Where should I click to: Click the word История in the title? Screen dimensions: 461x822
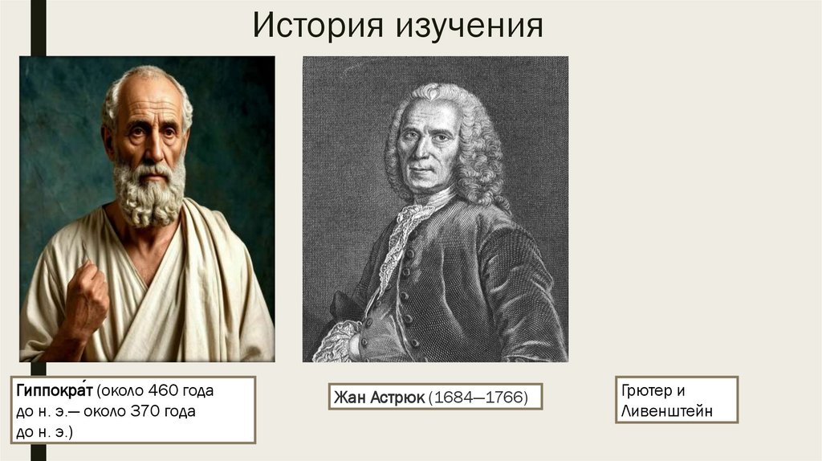[319, 26]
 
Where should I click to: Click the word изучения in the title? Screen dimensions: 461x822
[469, 27]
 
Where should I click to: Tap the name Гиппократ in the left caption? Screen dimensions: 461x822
[53, 391]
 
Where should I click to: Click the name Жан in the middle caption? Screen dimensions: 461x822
[350, 398]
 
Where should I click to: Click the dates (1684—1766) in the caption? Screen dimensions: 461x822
[478, 398]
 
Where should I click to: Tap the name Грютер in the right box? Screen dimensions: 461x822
[646, 391]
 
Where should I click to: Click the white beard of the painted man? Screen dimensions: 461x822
[149, 193]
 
